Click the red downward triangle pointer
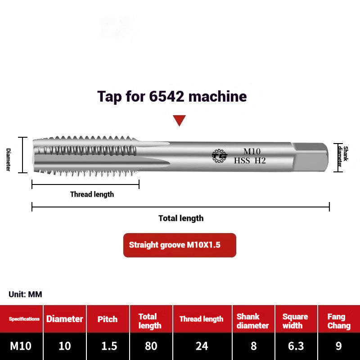180,120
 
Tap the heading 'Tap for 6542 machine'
172,96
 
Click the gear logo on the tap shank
220,156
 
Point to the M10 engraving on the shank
252,151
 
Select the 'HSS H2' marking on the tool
250,160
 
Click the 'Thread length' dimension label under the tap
92,194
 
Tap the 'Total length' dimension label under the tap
181,218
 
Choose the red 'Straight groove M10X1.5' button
180,245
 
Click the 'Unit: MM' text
25,295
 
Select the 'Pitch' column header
108,319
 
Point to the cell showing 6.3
295,346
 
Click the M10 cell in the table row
21,346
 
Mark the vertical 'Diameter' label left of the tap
8,159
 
